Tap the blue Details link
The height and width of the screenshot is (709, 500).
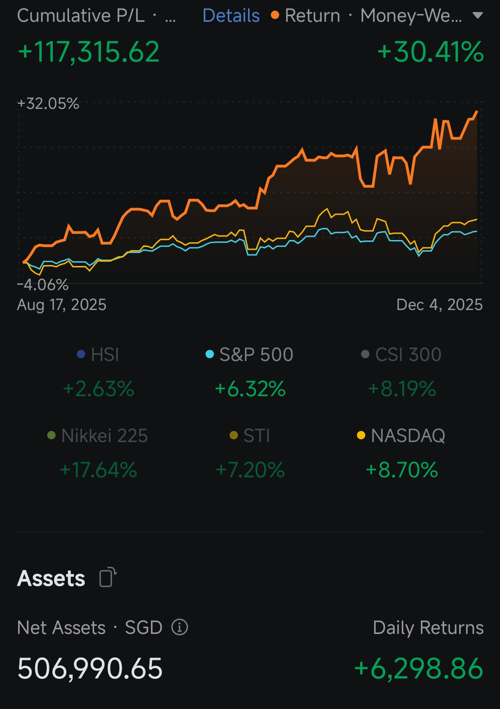(x=231, y=15)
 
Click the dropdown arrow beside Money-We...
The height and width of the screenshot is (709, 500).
(x=477, y=15)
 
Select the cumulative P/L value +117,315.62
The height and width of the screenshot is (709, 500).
(x=88, y=51)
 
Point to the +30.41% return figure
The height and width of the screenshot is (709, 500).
(x=431, y=51)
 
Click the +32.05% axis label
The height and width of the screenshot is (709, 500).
(x=48, y=103)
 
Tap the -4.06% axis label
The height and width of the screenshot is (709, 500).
(x=43, y=285)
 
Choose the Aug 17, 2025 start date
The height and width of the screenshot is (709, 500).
(x=62, y=304)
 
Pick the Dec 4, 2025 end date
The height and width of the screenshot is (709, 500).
(x=440, y=304)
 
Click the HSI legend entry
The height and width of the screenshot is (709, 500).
(x=98, y=354)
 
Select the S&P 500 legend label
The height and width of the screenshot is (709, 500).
(x=256, y=354)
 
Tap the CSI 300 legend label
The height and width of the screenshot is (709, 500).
(x=408, y=354)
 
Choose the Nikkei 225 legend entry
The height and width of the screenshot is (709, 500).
(x=97, y=436)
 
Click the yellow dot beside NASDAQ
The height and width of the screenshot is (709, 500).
(x=361, y=435)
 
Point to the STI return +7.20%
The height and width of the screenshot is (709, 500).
(x=250, y=470)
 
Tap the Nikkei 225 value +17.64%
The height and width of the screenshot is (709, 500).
(x=98, y=470)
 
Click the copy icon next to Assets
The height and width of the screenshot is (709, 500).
(x=108, y=577)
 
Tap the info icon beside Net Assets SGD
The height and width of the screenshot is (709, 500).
(x=179, y=627)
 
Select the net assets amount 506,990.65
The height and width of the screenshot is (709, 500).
(x=90, y=669)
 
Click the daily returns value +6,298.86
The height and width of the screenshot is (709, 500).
(x=419, y=669)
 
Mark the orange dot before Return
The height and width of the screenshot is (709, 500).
(x=275, y=15)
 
